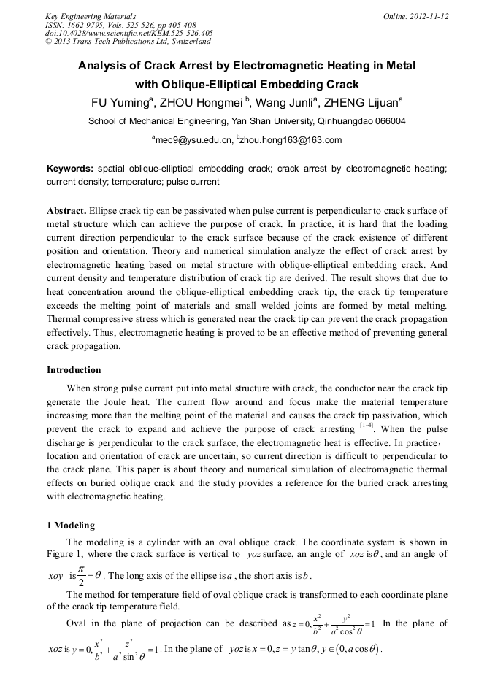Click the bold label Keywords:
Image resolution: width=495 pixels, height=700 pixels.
point(70,169)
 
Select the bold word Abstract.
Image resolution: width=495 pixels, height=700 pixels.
point(67,211)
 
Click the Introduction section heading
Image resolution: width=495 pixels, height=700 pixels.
point(74,370)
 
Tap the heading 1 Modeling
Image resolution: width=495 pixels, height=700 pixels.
point(70,526)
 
